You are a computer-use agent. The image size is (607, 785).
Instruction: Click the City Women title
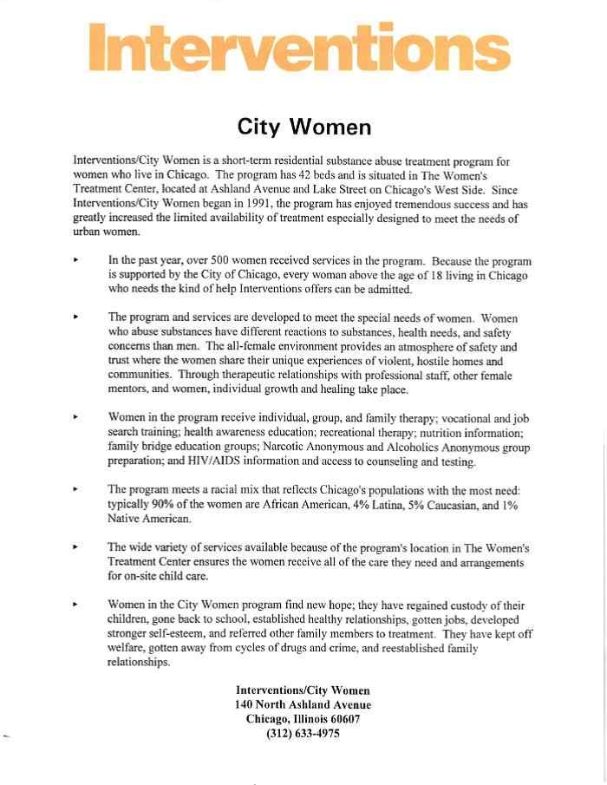304,127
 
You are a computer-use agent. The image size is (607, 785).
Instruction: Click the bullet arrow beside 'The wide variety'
77,547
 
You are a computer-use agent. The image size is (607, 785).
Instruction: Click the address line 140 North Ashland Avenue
303,705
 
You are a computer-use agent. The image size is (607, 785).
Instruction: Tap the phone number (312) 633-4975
303,734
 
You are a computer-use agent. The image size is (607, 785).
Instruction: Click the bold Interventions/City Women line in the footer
303,690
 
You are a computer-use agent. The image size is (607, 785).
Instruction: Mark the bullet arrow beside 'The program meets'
77,489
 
